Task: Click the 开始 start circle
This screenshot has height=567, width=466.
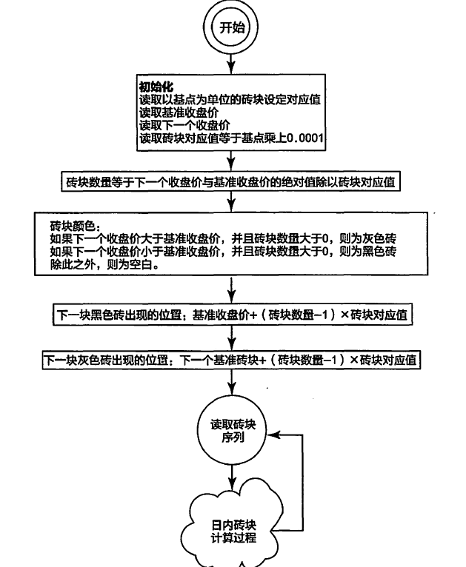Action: coord(231,27)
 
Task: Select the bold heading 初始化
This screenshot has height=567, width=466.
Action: coord(156,87)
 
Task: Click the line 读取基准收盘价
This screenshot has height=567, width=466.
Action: coord(179,113)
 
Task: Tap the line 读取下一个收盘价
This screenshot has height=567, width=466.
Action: coord(184,125)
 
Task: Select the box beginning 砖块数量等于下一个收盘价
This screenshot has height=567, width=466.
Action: coord(231,181)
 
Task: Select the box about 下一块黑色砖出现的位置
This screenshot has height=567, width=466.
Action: coord(233,315)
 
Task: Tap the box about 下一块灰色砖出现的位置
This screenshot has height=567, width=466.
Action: coord(231,360)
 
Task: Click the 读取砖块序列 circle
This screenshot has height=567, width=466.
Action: coord(232,430)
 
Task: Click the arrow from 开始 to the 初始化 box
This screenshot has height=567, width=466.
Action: coord(231,64)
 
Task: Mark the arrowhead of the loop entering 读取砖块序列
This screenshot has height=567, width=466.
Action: coord(273,435)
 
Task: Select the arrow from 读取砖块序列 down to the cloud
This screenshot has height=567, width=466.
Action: coord(232,477)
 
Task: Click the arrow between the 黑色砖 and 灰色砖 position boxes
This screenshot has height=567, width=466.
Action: coord(232,338)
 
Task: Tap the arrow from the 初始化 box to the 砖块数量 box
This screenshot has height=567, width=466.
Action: coord(231,161)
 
